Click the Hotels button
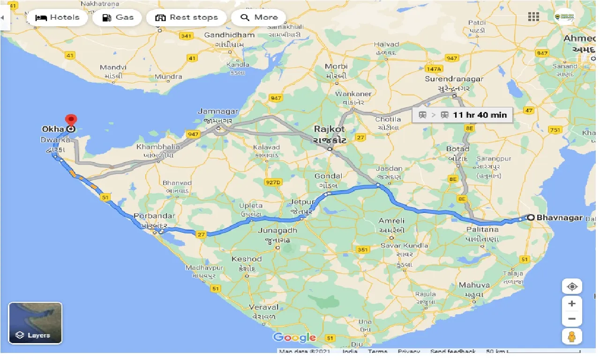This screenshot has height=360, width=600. click(57, 18)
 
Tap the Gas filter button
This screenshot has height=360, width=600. click(118, 18)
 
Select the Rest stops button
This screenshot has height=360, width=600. click(186, 18)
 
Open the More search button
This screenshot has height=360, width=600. click(259, 18)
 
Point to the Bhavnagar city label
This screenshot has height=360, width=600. click(559, 217)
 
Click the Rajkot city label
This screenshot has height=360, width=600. click(330, 129)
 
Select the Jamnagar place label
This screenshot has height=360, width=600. click(218, 112)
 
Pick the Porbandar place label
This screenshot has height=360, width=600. click(154, 216)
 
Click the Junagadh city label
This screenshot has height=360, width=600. click(277, 230)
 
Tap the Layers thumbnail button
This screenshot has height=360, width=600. click(35, 323)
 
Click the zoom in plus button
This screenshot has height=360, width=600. click(571, 304)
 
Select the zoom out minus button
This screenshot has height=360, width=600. click(571, 320)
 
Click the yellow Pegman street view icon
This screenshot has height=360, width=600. click(571, 337)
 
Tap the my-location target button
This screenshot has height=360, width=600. click(571, 286)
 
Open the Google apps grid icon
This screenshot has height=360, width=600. click(533, 17)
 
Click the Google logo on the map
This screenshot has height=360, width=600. click(294, 337)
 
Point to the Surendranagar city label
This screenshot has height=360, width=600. click(454, 79)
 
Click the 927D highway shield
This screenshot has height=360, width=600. click(272, 182)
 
